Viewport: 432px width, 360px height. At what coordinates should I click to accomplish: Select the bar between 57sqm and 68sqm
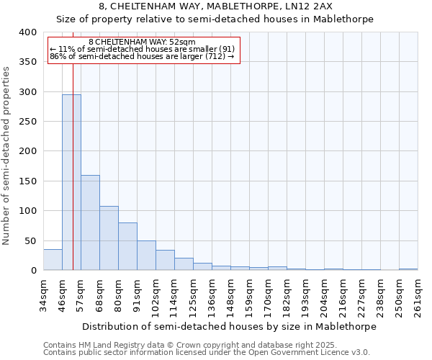90,222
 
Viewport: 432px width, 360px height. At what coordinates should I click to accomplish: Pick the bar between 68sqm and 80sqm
109,238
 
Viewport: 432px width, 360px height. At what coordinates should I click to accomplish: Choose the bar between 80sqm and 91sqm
127,246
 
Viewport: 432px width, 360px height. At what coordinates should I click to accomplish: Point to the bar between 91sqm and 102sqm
146,256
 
